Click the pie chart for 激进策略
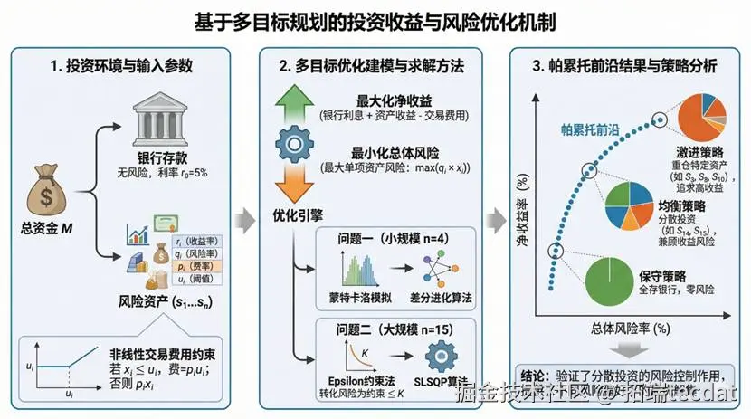pos(699,119)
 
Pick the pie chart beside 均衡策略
pos(629,205)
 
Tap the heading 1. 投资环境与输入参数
pos(123,66)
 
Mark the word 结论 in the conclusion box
pos(535,375)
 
